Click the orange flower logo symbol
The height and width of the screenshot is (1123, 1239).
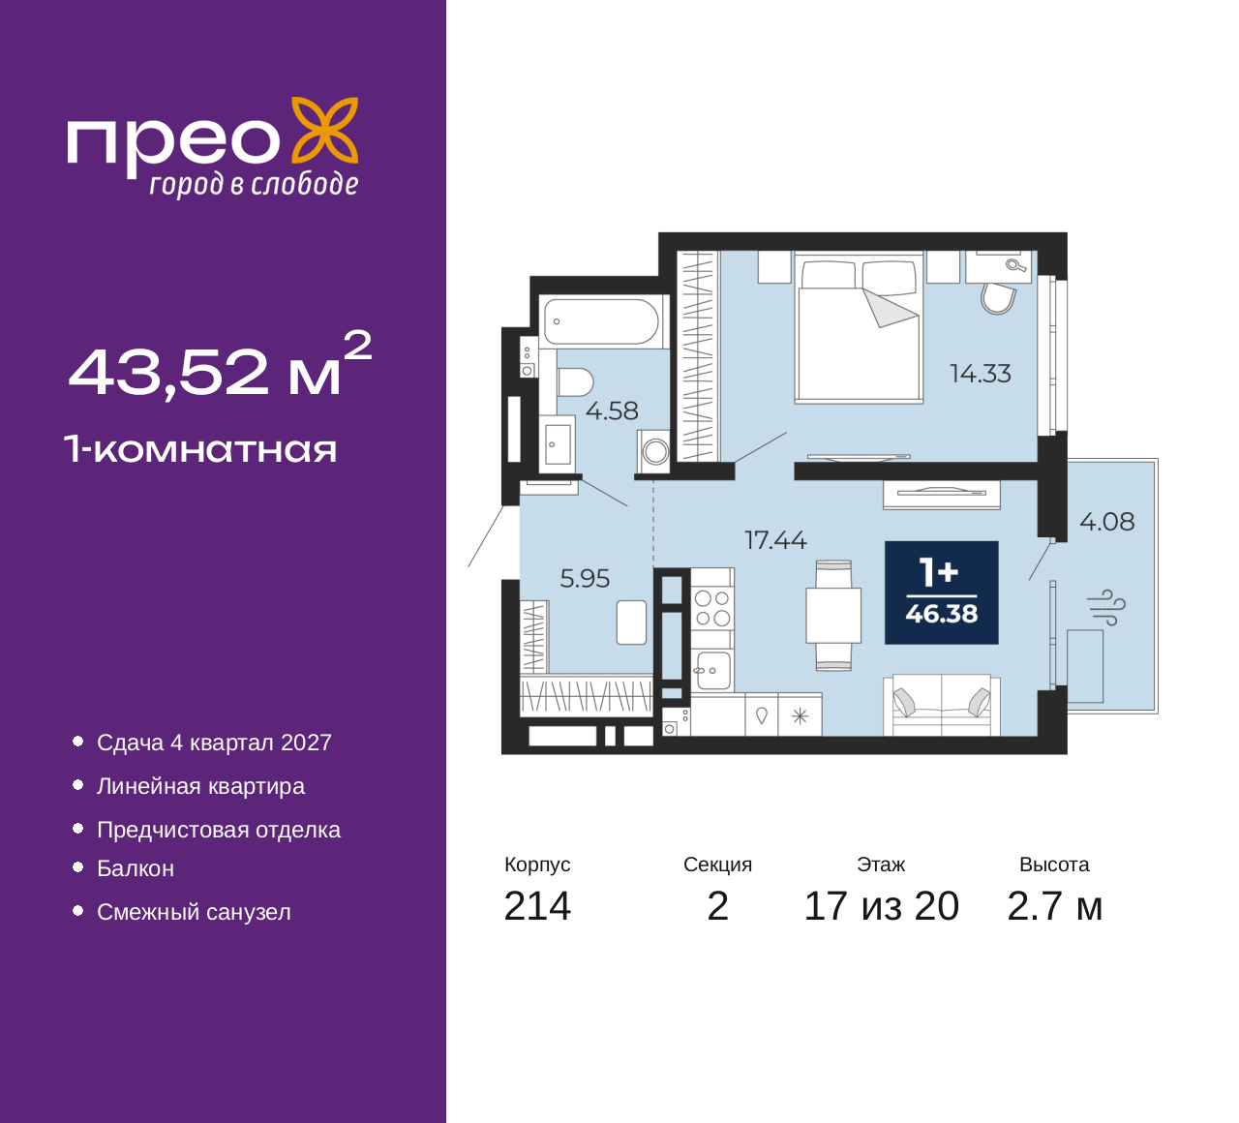[x=325, y=131]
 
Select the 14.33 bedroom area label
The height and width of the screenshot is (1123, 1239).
[x=981, y=374]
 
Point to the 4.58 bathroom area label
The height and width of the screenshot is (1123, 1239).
[x=612, y=410]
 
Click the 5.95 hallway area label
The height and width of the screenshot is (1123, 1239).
[x=585, y=579]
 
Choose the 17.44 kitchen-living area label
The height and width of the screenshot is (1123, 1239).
[x=775, y=540]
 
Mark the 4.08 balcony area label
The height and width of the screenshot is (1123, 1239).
[x=1106, y=522]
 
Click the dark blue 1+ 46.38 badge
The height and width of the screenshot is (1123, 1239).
[x=941, y=592]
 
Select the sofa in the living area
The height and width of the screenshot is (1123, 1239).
[x=941, y=705]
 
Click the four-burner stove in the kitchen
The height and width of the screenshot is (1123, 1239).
[x=712, y=608]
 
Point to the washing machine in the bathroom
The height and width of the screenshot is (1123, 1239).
[x=654, y=451]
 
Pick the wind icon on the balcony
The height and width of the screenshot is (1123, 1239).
[x=1106, y=608]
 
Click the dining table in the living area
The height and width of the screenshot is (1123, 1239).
[x=833, y=616]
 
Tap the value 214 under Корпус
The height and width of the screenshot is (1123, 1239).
[x=537, y=906]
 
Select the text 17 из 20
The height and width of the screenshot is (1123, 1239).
[x=882, y=906]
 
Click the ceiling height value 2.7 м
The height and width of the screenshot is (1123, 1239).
[x=1054, y=906]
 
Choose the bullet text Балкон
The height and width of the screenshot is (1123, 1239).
[x=136, y=868]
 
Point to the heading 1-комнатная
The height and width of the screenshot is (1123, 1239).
[x=200, y=449]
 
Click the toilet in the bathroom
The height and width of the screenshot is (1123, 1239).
[x=575, y=382]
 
